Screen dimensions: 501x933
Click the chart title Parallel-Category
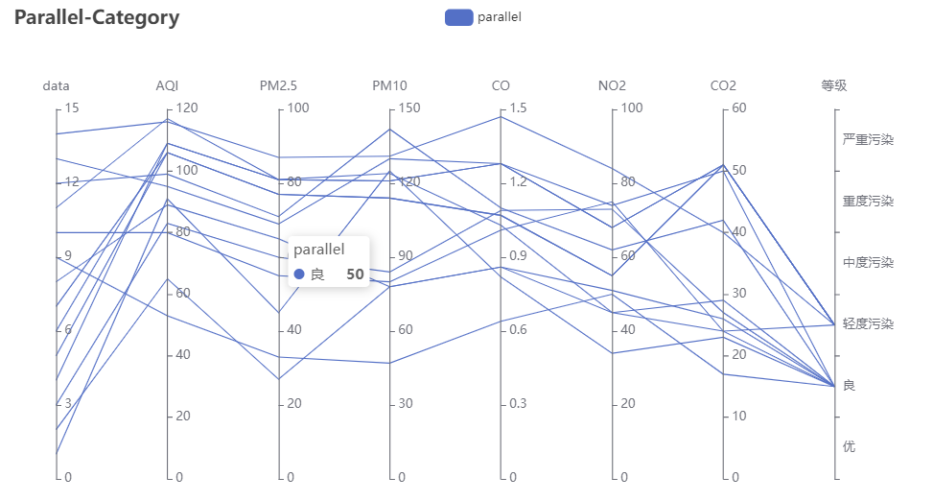(97, 18)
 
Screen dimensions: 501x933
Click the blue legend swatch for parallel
(459, 17)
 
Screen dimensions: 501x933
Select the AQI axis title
(167, 86)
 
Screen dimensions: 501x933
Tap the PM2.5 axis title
(278, 86)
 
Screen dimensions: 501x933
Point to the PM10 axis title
(389, 86)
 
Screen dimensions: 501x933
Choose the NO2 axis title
(612, 86)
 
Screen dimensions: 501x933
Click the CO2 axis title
(723, 86)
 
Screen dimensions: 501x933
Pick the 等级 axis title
(834, 86)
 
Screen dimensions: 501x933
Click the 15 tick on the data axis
(71, 108)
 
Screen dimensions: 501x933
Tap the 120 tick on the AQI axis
(187, 108)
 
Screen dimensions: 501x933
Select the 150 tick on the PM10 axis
(409, 108)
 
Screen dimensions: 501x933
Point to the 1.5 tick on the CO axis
(519, 108)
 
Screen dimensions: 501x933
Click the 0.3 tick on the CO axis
(519, 403)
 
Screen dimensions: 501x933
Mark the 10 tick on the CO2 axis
(739, 417)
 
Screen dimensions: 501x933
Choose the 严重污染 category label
(868, 140)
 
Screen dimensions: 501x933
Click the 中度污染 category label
(868, 263)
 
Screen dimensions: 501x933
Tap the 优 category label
(849, 447)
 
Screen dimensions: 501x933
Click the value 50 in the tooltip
(355, 274)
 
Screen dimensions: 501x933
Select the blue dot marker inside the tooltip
(300, 274)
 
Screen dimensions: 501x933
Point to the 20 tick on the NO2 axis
(628, 403)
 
